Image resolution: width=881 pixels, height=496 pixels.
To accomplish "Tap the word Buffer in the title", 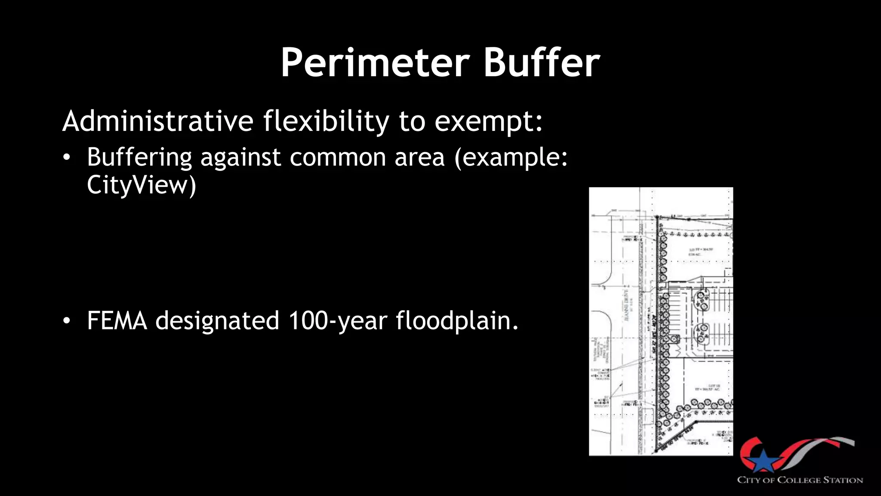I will click(542, 63).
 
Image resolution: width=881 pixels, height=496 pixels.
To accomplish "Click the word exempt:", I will click(489, 122).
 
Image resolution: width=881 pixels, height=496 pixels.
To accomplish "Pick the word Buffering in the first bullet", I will click(139, 157).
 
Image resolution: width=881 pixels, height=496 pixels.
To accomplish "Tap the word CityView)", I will click(142, 185).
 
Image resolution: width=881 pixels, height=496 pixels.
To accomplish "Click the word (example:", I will click(511, 157).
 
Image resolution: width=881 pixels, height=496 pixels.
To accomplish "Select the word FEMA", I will click(117, 321).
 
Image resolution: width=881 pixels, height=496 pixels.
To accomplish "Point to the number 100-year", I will click(337, 321).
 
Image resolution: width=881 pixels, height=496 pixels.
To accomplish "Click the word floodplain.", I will click(457, 321).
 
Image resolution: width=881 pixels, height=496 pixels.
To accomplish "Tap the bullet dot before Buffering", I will click(66, 158).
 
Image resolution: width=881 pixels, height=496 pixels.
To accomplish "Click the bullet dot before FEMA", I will click(66, 321).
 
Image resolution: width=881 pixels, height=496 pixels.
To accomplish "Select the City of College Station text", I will click(800, 480).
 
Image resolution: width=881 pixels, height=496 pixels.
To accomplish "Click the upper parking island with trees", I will click(702, 300).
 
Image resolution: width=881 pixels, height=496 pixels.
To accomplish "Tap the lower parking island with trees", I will click(702, 333).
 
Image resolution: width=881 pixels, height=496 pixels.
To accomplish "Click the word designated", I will click(217, 321).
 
